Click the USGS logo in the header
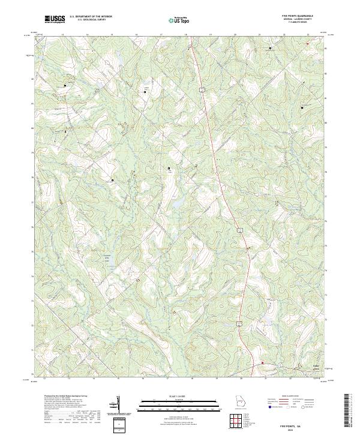(x=55, y=19)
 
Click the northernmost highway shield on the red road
(x=203, y=89)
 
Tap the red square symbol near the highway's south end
(x=262, y=362)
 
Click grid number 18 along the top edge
(x=186, y=35)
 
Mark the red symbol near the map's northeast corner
(x=307, y=43)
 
